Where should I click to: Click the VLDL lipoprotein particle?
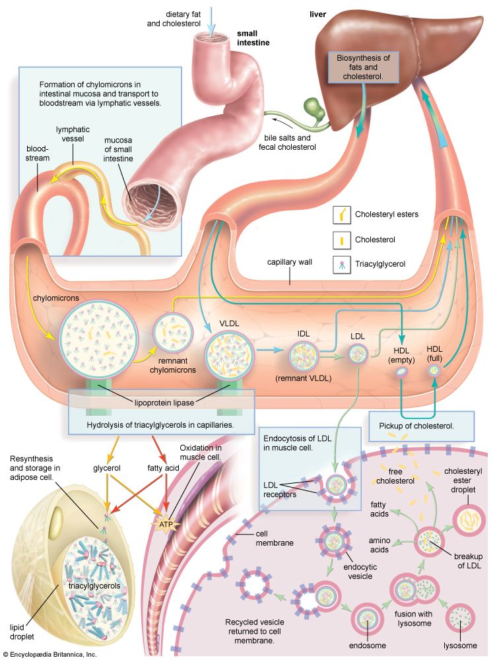click(228, 356)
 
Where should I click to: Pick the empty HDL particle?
click(401, 374)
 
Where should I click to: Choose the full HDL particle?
click(434, 371)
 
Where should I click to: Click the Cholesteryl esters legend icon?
click(343, 214)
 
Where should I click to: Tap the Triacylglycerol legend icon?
click(343, 264)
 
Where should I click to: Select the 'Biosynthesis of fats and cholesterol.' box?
click(365, 68)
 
